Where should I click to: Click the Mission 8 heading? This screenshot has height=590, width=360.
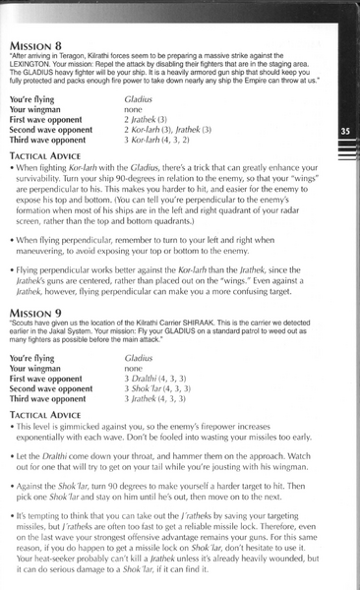[40, 46]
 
